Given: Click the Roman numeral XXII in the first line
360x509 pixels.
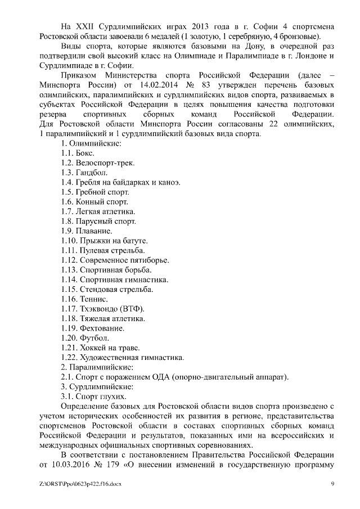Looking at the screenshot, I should click(x=84, y=27).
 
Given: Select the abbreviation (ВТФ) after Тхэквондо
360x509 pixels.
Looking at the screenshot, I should click(x=131, y=309).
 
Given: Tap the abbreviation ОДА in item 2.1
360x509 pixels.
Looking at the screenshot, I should click(x=169, y=377).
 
